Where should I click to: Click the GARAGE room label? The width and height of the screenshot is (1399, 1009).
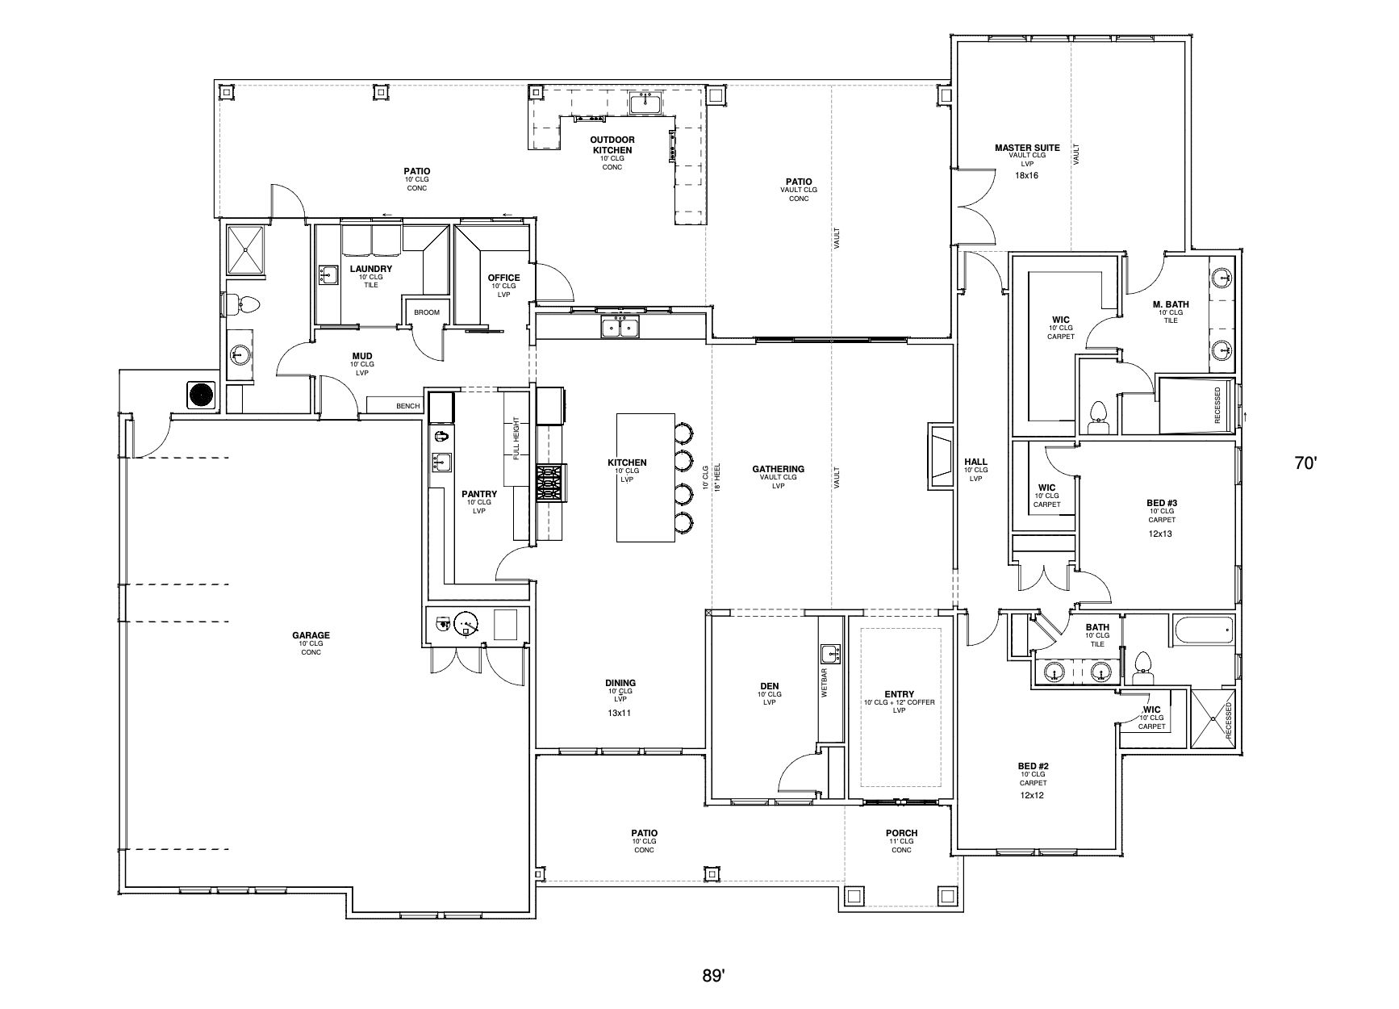[311, 635]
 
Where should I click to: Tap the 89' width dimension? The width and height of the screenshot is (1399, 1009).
[713, 976]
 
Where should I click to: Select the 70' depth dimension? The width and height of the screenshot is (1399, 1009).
[1305, 463]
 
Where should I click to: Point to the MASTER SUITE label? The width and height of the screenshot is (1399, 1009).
[1027, 148]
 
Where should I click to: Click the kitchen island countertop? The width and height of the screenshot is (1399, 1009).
[646, 477]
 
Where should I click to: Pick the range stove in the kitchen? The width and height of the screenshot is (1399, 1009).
[551, 484]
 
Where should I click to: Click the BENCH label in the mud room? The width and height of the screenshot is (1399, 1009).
[407, 406]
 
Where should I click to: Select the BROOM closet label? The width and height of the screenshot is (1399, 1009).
[426, 312]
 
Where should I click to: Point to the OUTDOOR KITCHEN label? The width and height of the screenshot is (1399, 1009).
[612, 145]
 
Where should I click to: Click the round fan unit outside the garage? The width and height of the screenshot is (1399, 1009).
[201, 395]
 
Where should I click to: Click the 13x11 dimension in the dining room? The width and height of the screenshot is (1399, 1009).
[620, 713]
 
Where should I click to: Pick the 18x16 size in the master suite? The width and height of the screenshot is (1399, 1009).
[1027, 175]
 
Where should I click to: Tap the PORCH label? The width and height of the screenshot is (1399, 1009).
[901, 833]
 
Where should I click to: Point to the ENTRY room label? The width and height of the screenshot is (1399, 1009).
[900, 693]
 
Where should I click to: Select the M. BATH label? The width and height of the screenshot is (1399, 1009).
[1171, 304]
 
